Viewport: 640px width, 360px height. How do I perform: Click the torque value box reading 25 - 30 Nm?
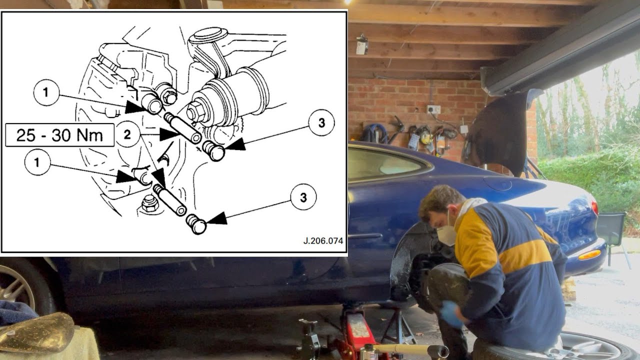pos(59,135)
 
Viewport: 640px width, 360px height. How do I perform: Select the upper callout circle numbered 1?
pos(46,92)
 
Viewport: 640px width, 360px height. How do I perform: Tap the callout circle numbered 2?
pos(128,134)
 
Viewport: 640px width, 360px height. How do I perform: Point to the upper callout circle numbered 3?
pos(321,122)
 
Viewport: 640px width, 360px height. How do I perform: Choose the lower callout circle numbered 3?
pos(303,197)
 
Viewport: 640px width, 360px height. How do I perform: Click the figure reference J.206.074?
pos(323,240)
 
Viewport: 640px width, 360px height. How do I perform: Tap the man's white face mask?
pos(447,234)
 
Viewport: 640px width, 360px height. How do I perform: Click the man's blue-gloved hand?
pos(451,314)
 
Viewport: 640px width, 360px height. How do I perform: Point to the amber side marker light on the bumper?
pos(589,255)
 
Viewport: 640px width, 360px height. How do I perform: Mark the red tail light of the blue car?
pos(594,207)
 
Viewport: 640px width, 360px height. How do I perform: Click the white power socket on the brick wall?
pos(433,109)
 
